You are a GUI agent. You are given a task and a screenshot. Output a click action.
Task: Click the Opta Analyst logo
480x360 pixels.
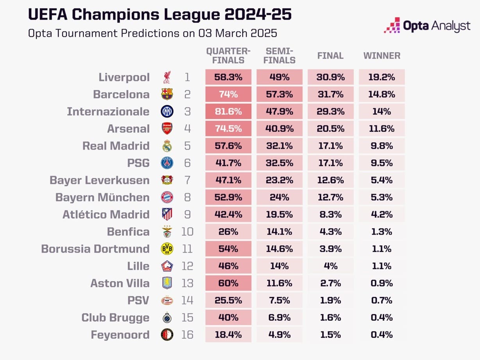coord(427,26)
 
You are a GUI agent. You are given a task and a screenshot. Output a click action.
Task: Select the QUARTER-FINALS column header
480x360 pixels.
coord(228,56)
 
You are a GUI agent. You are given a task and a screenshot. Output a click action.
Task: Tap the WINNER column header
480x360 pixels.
coord(381,56)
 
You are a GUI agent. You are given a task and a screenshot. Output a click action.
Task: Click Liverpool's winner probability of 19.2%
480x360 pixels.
coord(381,77)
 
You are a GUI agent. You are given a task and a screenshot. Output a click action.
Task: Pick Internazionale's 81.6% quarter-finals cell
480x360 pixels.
coord(228,111)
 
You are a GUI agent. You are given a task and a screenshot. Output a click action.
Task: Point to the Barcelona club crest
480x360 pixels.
coord(167,94)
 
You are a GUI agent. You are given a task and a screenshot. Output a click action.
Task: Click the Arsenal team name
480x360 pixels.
coord(128,129)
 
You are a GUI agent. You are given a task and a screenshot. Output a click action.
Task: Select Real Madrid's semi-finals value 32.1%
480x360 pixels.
coord(279,146)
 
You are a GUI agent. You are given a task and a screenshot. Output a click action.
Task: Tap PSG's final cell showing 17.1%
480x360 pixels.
coord(330,163)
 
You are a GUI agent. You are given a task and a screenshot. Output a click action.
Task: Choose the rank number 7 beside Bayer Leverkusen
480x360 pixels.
coord(187,180)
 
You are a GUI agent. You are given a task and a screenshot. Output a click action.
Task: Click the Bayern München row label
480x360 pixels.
coord(102,197)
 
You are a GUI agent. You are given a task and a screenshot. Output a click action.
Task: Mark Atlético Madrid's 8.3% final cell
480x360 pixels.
coord(330,215)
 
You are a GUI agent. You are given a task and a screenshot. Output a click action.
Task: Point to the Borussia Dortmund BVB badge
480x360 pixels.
coord(167,249)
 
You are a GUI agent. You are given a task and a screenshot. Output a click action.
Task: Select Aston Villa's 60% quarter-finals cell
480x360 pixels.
coord(228,283)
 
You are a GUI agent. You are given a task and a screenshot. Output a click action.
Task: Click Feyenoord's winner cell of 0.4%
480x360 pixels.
coord(381,335)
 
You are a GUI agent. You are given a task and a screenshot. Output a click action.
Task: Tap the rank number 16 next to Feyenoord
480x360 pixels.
coord(187,335)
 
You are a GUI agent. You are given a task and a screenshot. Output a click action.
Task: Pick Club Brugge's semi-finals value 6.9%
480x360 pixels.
coord(279,318)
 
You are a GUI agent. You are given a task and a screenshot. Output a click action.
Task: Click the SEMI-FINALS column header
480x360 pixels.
coord(279,56)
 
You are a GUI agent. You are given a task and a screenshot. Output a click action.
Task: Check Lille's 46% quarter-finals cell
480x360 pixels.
coord(228,266)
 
